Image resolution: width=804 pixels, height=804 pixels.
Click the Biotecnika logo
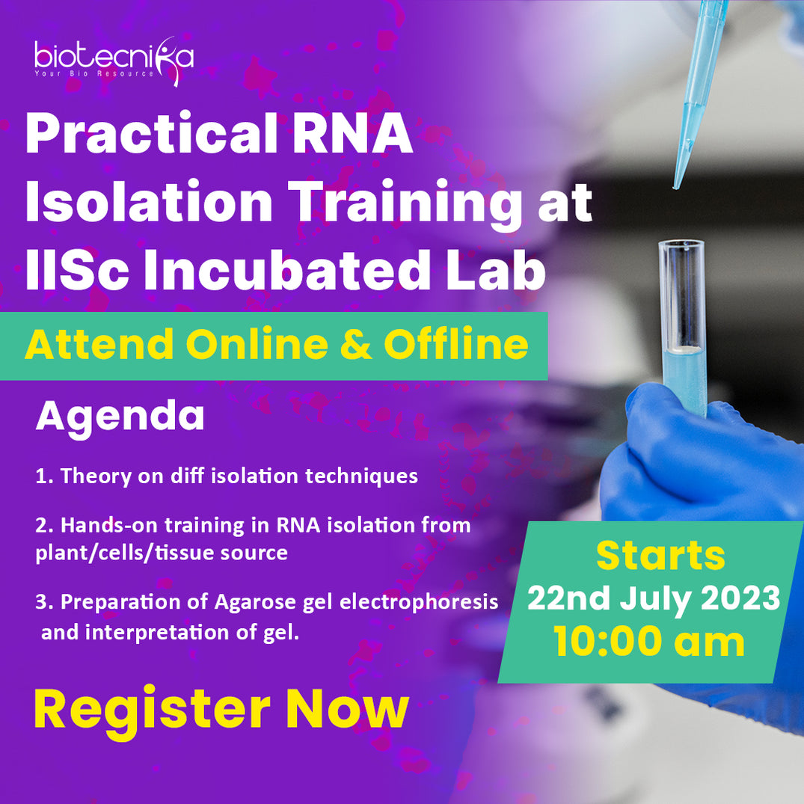coord(114,61)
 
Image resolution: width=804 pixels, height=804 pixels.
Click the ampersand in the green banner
coord(356,344)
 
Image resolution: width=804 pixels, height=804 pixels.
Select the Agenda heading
coord(120,418)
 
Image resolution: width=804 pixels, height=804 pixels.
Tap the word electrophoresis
coord(419,603)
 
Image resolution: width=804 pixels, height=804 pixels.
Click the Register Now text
coord(221,711)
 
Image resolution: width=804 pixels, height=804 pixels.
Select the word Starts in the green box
coord(661,556)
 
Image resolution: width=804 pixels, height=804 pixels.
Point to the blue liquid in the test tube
coord(684,379)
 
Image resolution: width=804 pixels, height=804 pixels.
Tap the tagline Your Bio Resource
coord(94,73)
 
